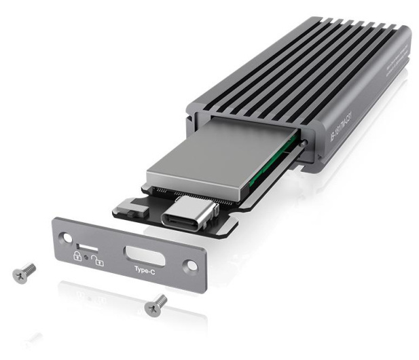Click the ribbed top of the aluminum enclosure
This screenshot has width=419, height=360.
click(x=306, y=68)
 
